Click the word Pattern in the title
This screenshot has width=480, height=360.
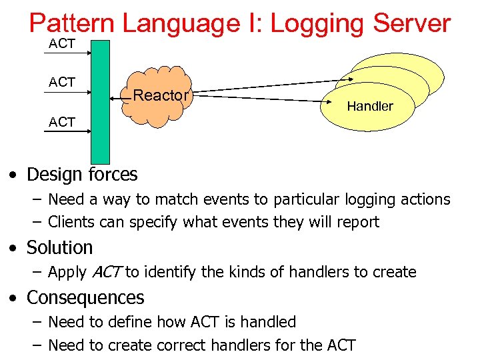71,23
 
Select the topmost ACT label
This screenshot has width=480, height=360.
62,45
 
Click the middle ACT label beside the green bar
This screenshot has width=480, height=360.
62,82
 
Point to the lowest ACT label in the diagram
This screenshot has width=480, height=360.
62,123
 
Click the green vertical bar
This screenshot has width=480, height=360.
100,100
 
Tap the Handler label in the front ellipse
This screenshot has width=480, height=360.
370,107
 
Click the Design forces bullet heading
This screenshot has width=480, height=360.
81,175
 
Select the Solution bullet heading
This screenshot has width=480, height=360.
59,247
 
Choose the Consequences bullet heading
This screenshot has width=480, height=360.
85,297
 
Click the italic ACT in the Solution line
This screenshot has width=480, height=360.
105,272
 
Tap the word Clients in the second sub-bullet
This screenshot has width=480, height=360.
71,222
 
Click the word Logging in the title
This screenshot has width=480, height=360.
317,23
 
